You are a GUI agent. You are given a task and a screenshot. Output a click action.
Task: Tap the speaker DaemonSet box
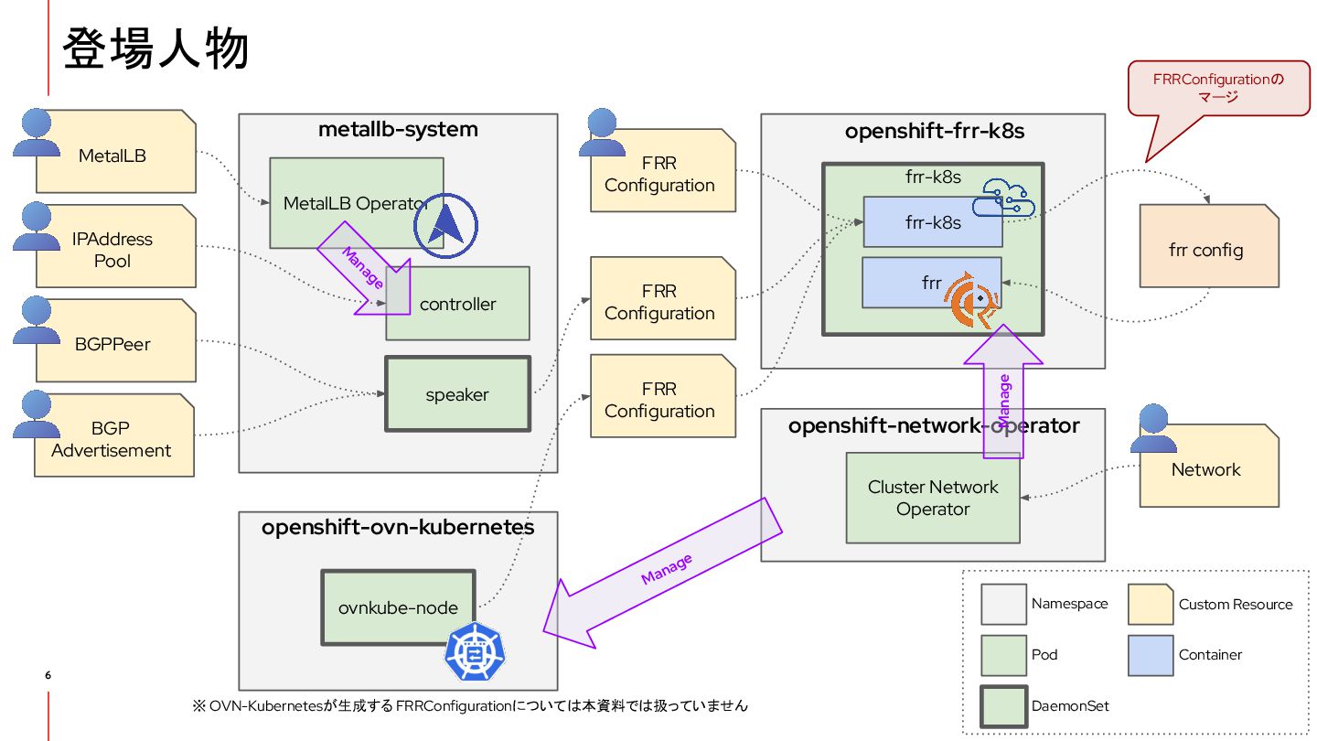[457, 394]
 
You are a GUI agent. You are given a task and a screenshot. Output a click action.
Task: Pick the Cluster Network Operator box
[933, 498]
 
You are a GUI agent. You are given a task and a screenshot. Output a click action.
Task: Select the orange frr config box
[1207, 250]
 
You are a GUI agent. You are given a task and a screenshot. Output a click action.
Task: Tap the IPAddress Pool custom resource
[113, 250]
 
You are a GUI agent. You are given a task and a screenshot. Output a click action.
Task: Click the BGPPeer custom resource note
[113, 345]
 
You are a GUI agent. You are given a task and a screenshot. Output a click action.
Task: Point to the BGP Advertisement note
[113, 438]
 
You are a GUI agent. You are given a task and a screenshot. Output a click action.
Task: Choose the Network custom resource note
[1207, 469]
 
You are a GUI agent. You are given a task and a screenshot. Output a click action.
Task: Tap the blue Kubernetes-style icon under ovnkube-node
[474, 655]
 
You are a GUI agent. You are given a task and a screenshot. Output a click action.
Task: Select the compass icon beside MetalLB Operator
[446, 224]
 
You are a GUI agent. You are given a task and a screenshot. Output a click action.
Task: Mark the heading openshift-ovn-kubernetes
[398, 528]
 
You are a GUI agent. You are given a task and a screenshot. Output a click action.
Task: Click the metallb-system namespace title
[398, 129]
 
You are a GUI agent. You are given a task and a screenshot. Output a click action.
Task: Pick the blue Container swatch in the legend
[1150, 655]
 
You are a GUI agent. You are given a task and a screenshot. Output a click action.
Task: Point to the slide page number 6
[48, 676]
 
